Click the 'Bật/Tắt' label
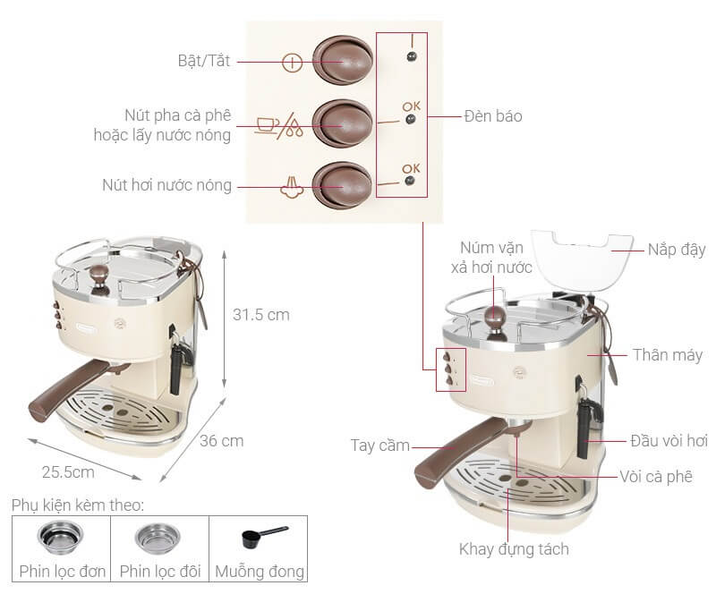pyautogui.click(x=204, y=61)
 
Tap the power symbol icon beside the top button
pyautogui.click(x=293, y=63)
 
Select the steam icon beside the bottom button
pyautogui.click(x=292, y=187)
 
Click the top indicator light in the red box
pyautogui.click(x=412, y=56)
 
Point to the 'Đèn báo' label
pyautogui.click(x=493, y=116)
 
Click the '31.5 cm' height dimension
pyautogui.click(x=260, y=315)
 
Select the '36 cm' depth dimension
pyautogui.click(x=221, y=441)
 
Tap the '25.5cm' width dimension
pyautogui.click(x=68, y=471)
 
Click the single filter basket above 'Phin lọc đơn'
pyautogui.click(x=60, y=538)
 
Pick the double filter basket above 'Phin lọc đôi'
pyautogui.click(x=158, y=539)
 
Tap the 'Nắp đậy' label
pyautogui.click(x=677, y=250)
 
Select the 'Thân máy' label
pyautogui.click(x=668, y=355)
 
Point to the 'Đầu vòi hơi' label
pyautogui.click(x=669, y=441)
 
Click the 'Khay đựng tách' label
pyautogui.click(x=514, y=549)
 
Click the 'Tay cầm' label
pyautogui.click(x=379, y=445)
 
